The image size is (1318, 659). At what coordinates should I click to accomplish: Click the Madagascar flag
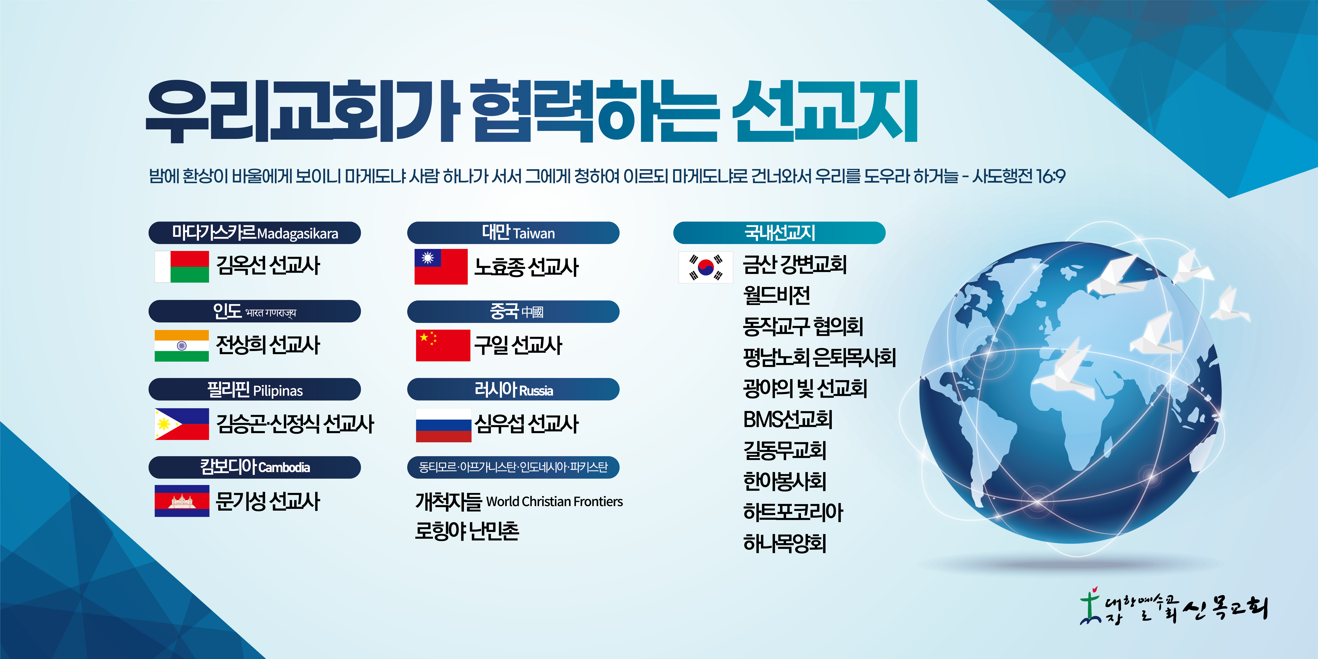click(182, 267)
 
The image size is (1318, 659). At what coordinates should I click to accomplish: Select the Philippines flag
click(182, 424)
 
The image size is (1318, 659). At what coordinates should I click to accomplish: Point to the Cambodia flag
click(182, 501)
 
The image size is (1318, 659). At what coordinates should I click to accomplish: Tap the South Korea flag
click(705, 267)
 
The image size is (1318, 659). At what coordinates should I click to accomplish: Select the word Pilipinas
click(278, 391)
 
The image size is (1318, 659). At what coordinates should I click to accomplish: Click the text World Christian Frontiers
click(554, 501)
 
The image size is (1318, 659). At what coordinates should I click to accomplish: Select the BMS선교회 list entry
click(787, 420)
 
